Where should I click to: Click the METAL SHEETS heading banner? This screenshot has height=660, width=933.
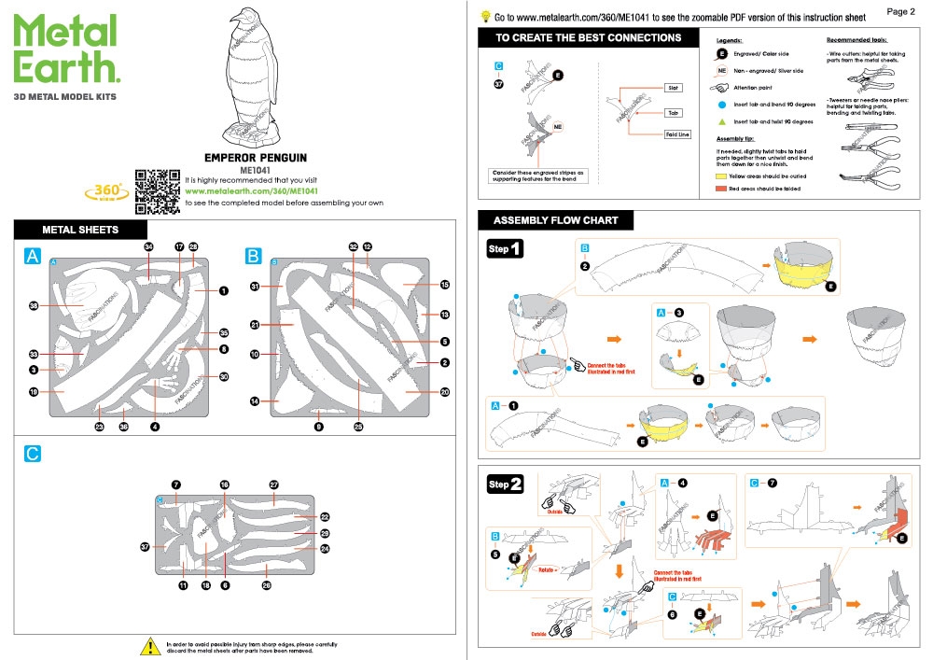[x=80, y=230]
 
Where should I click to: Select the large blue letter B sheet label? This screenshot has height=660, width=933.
[x=253, y=257]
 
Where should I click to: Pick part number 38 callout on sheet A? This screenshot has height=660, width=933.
[x=35, y=306]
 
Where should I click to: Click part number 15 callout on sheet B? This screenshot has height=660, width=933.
[x=445, y=285]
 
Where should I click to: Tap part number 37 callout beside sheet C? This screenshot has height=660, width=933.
[x=145, y=547]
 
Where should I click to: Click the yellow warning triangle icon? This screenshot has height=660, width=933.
[x=148, y=646]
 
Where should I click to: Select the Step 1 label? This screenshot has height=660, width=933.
[x=506, y=249]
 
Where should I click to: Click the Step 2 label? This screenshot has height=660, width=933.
[x=506, y=484]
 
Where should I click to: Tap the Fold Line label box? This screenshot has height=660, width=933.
[x=677, y=134]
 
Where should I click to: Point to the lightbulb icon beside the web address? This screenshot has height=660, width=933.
[x=485, y=16]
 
